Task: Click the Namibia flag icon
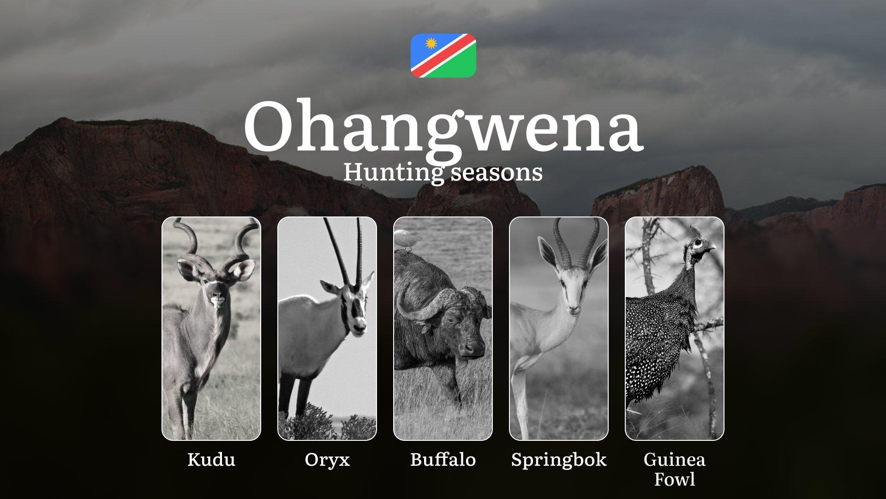click(x=443, y=55)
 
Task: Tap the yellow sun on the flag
click(x=431, y=44)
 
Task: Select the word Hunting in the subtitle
click(x=390, y=172)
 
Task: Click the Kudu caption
click(x=211, y=460)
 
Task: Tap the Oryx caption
click(x=327, y=460)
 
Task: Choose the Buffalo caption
click(x=443, y=460)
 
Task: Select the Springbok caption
click(x=559, y=460)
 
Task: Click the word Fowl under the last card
click(x=675, y=480)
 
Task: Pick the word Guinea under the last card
click(x=675, y=460)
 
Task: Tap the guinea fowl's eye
click(x=698, y=242)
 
